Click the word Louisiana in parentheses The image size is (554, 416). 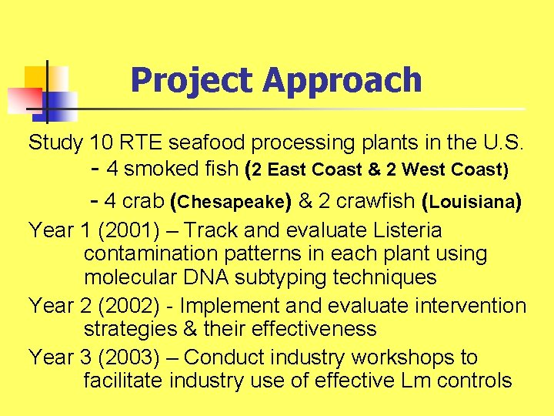pyautogui.click(x=472, y=203)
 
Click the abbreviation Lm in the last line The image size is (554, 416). pyautogui.click(x=419, y=380)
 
